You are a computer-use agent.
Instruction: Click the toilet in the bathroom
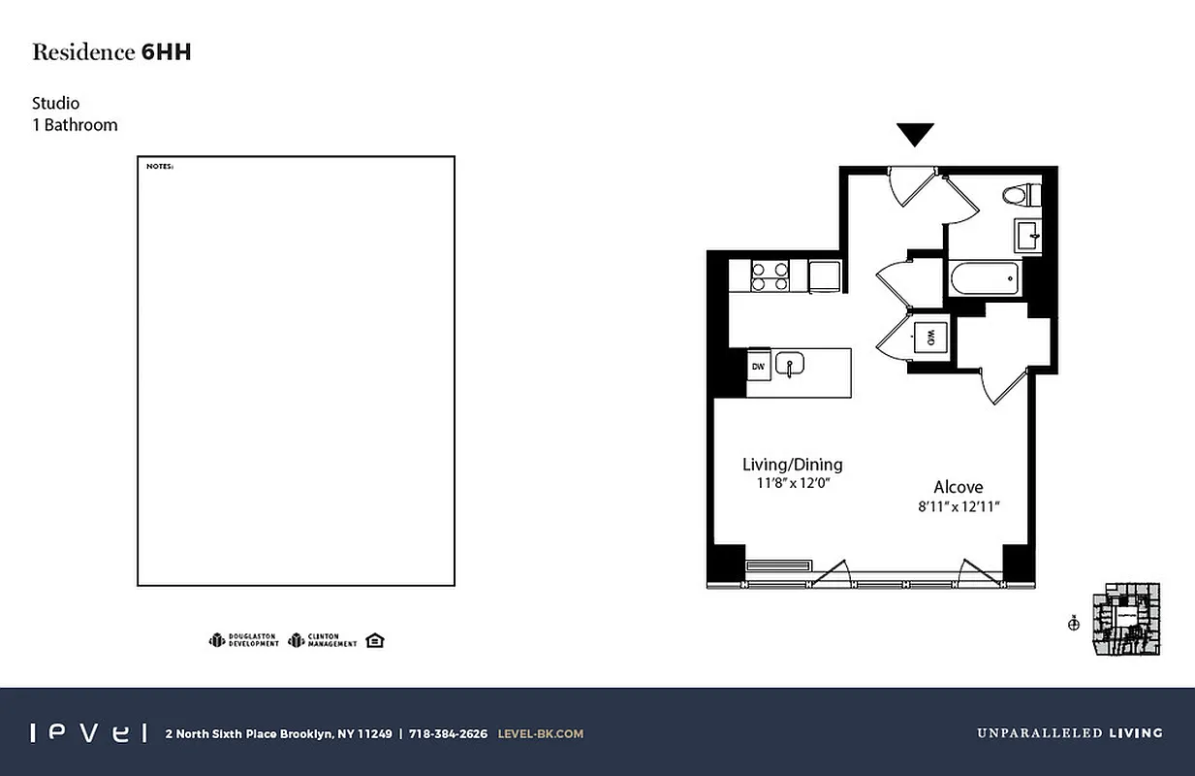(x=1019, y=195)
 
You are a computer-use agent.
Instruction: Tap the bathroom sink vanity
(x=1027, y=234)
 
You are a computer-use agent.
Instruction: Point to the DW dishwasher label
(x=758, y=366)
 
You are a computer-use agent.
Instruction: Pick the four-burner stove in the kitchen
(x=769, y=275)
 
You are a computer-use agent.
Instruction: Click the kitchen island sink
(x=790, y=365)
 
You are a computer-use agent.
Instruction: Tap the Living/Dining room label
(x=792, y=464)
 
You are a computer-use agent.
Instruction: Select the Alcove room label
(x=958, y=487)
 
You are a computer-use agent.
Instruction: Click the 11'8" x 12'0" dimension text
(x=792, y=482)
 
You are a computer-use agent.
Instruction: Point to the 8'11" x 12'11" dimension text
(x=958, y=505)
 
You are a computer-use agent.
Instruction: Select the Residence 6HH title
(x=111, y=52)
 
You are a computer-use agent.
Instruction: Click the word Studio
(x=55, y=103)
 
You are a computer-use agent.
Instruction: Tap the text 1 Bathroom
(x=75, y=124)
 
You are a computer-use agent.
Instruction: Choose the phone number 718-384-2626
(x=448, y=733)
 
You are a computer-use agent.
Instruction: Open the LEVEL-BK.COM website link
(x=540, y=733)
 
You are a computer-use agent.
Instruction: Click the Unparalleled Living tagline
(x=1068, y=733)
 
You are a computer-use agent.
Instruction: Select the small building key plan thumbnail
(x=1125, y=619)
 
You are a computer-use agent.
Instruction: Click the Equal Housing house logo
(x=375, y=640)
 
